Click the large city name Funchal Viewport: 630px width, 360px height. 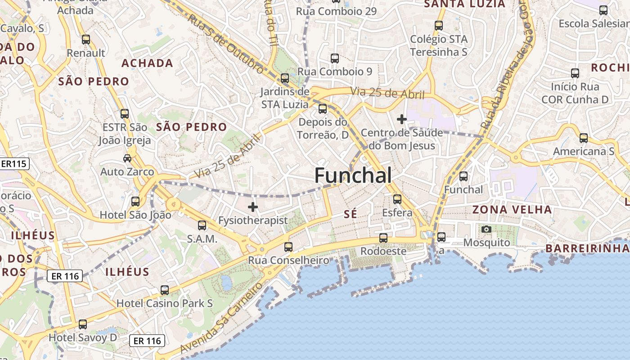pos(353,175)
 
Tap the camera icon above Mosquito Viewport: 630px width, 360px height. pos(486,229)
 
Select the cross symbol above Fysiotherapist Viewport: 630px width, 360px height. pos(253,207)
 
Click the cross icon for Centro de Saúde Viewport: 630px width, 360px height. pos(401,119)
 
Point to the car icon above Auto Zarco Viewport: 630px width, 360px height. pos(127,158)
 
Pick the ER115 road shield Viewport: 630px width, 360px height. pos(14,164)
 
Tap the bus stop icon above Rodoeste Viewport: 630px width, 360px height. pos(383,238)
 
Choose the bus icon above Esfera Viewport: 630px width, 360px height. pos(397,199)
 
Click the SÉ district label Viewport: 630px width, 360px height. pos(350,215)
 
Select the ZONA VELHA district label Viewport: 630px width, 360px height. pos(512,210)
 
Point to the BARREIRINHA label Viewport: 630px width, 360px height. pos(587,248)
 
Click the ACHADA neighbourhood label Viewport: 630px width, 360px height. pos(147,63)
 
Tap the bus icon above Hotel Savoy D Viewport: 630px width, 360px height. pos(83,324)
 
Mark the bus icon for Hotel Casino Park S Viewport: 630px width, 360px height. pos(165,290)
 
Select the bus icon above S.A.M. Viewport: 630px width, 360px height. pos(202,225)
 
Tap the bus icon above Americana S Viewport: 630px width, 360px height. pos(584,138)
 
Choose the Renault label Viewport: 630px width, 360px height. pos(86,53)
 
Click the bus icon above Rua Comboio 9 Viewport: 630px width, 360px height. pos(334,58)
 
